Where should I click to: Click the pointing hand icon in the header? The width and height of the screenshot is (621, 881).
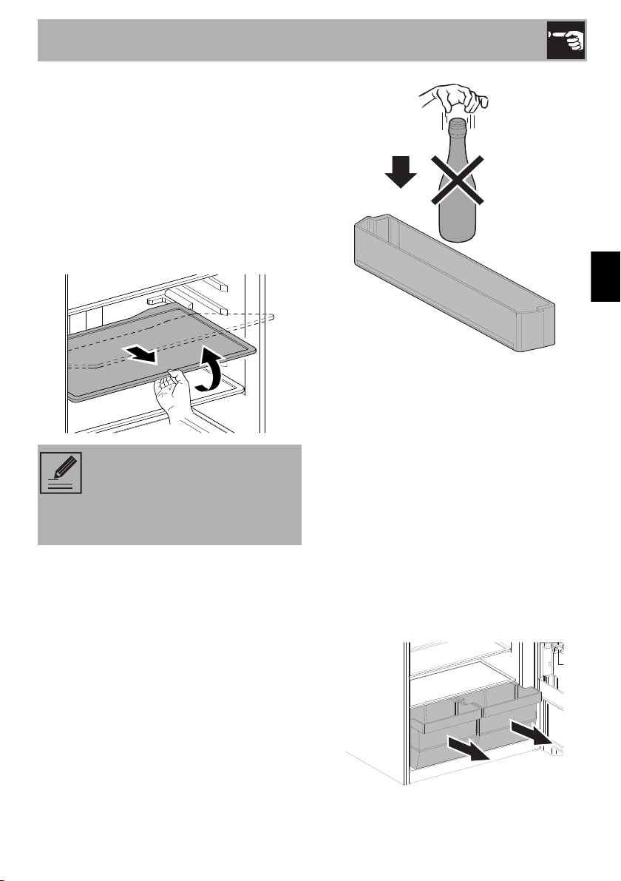click(566, 41)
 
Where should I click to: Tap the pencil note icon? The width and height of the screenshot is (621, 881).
click(62, 473)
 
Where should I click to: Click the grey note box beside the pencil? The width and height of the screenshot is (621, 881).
click(192, 494)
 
